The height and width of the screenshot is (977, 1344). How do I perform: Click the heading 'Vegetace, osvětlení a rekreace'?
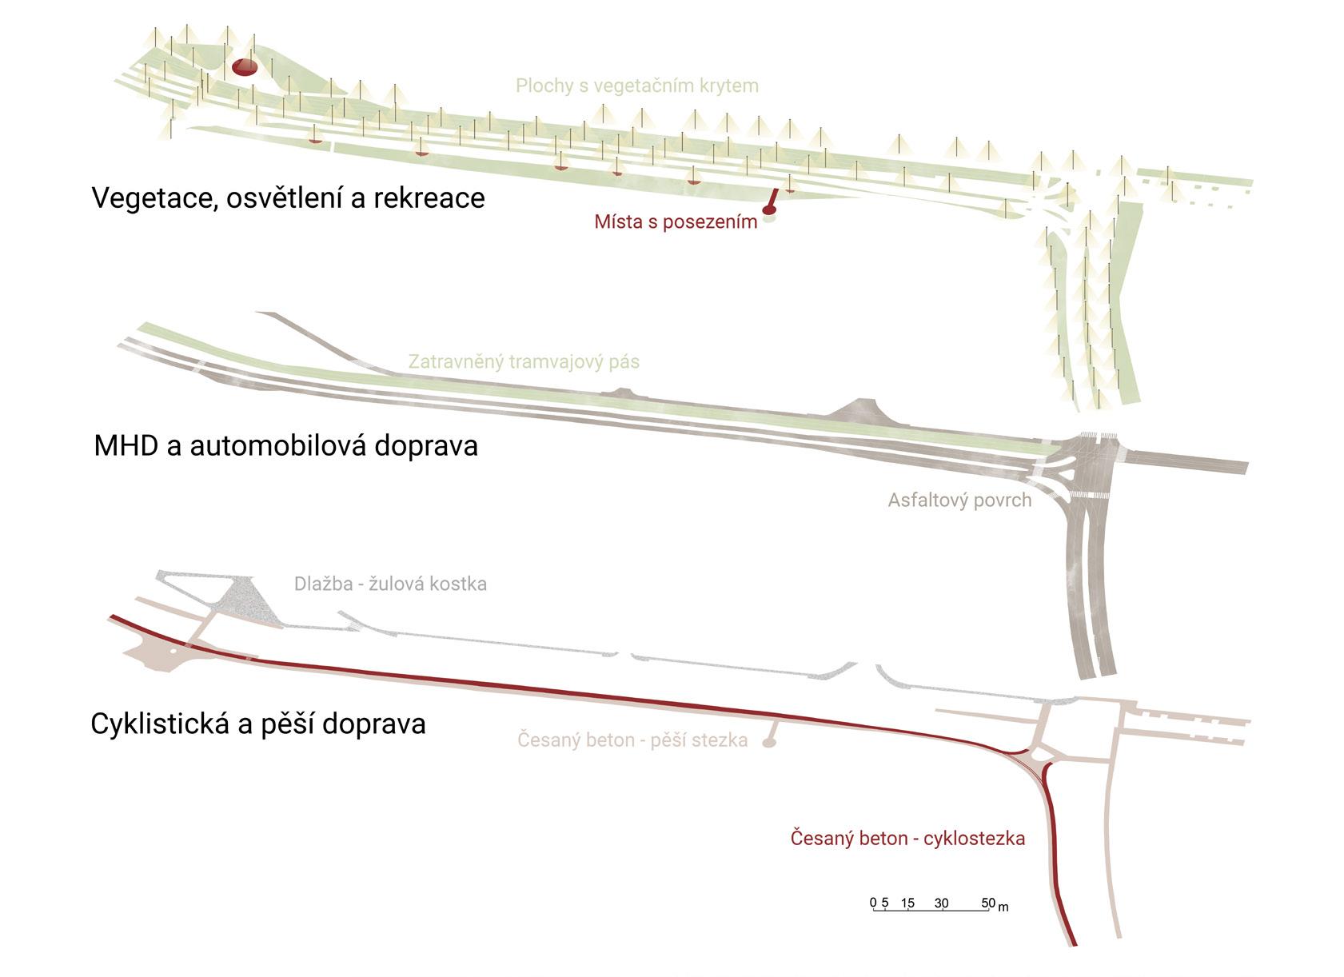tap(288, 197)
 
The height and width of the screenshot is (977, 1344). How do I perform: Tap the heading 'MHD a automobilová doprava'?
tap(285, 445)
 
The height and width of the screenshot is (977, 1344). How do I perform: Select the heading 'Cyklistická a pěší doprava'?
tap(257, 724)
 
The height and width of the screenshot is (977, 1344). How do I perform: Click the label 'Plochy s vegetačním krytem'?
tap(636, 86)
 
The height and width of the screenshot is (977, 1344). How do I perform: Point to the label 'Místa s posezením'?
tap(676, 221)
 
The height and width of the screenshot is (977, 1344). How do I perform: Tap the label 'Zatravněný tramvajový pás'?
tap(524, 361)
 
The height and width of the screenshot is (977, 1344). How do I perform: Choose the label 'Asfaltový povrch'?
tap(959, 500)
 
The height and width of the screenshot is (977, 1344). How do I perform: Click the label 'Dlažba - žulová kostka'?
tap(390, 584)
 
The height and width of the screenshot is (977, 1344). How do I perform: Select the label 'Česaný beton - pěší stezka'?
tap(632, 740)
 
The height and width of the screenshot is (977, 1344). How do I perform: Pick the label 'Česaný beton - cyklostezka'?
tap(907, 839)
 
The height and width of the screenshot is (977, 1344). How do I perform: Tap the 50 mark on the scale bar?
tap(988, 903)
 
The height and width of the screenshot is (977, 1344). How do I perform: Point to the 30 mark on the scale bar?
tap(941, 903)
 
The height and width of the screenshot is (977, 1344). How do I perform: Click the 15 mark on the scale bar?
tap(907, 903)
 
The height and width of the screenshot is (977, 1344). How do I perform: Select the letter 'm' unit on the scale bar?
tap(1003, 907)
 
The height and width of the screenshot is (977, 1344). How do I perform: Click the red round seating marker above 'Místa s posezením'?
tap(768, 210)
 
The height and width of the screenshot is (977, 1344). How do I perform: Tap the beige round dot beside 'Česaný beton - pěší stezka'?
tap(769, 743)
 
